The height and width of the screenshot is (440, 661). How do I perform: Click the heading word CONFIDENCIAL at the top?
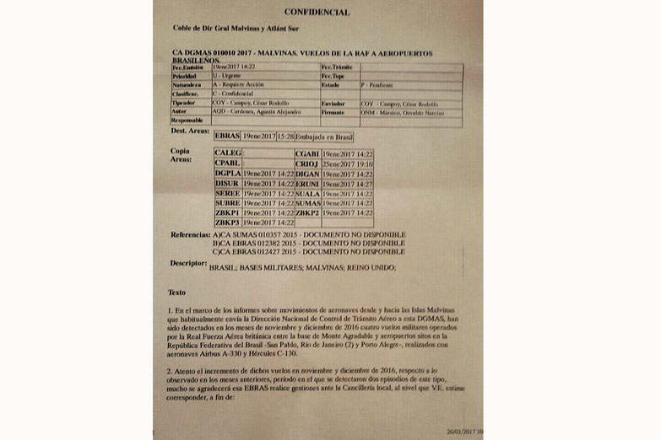tap(317, 13)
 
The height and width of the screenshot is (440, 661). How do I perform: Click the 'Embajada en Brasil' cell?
tap(324, 136)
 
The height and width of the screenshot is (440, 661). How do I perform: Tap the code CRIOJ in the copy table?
tap(306, 163)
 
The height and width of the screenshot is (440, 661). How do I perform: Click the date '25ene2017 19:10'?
tap(347, 163)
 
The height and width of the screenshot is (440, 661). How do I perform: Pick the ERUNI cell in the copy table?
tap(306, 183)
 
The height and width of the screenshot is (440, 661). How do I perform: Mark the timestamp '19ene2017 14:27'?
tap(347, 183)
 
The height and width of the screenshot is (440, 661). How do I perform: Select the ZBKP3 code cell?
tap(227, 223)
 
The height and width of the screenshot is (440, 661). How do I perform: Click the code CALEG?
tap(227, 153)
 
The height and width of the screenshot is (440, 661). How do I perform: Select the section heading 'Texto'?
tap(176, 292)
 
